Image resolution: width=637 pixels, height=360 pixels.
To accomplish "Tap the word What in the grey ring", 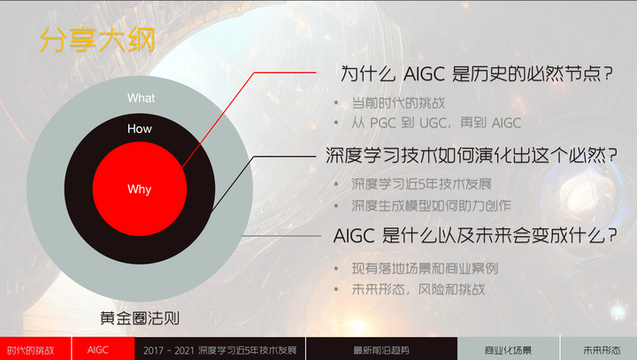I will (141, 98).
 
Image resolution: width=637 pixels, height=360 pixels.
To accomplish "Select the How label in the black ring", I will (140, 129).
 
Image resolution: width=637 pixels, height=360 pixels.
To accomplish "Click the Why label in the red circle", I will (140, 189).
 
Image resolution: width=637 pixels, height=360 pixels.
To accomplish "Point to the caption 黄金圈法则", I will (141, 318).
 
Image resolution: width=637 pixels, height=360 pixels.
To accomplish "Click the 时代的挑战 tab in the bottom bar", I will (32, 349).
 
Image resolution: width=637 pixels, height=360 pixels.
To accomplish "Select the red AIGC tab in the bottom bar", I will (98, 349).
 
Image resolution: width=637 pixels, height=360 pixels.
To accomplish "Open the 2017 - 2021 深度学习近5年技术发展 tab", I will (217, 349).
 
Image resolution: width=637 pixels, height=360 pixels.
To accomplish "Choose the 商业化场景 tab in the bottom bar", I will (509, 349).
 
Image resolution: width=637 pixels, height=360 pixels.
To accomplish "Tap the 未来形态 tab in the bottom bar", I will (600, 349).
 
